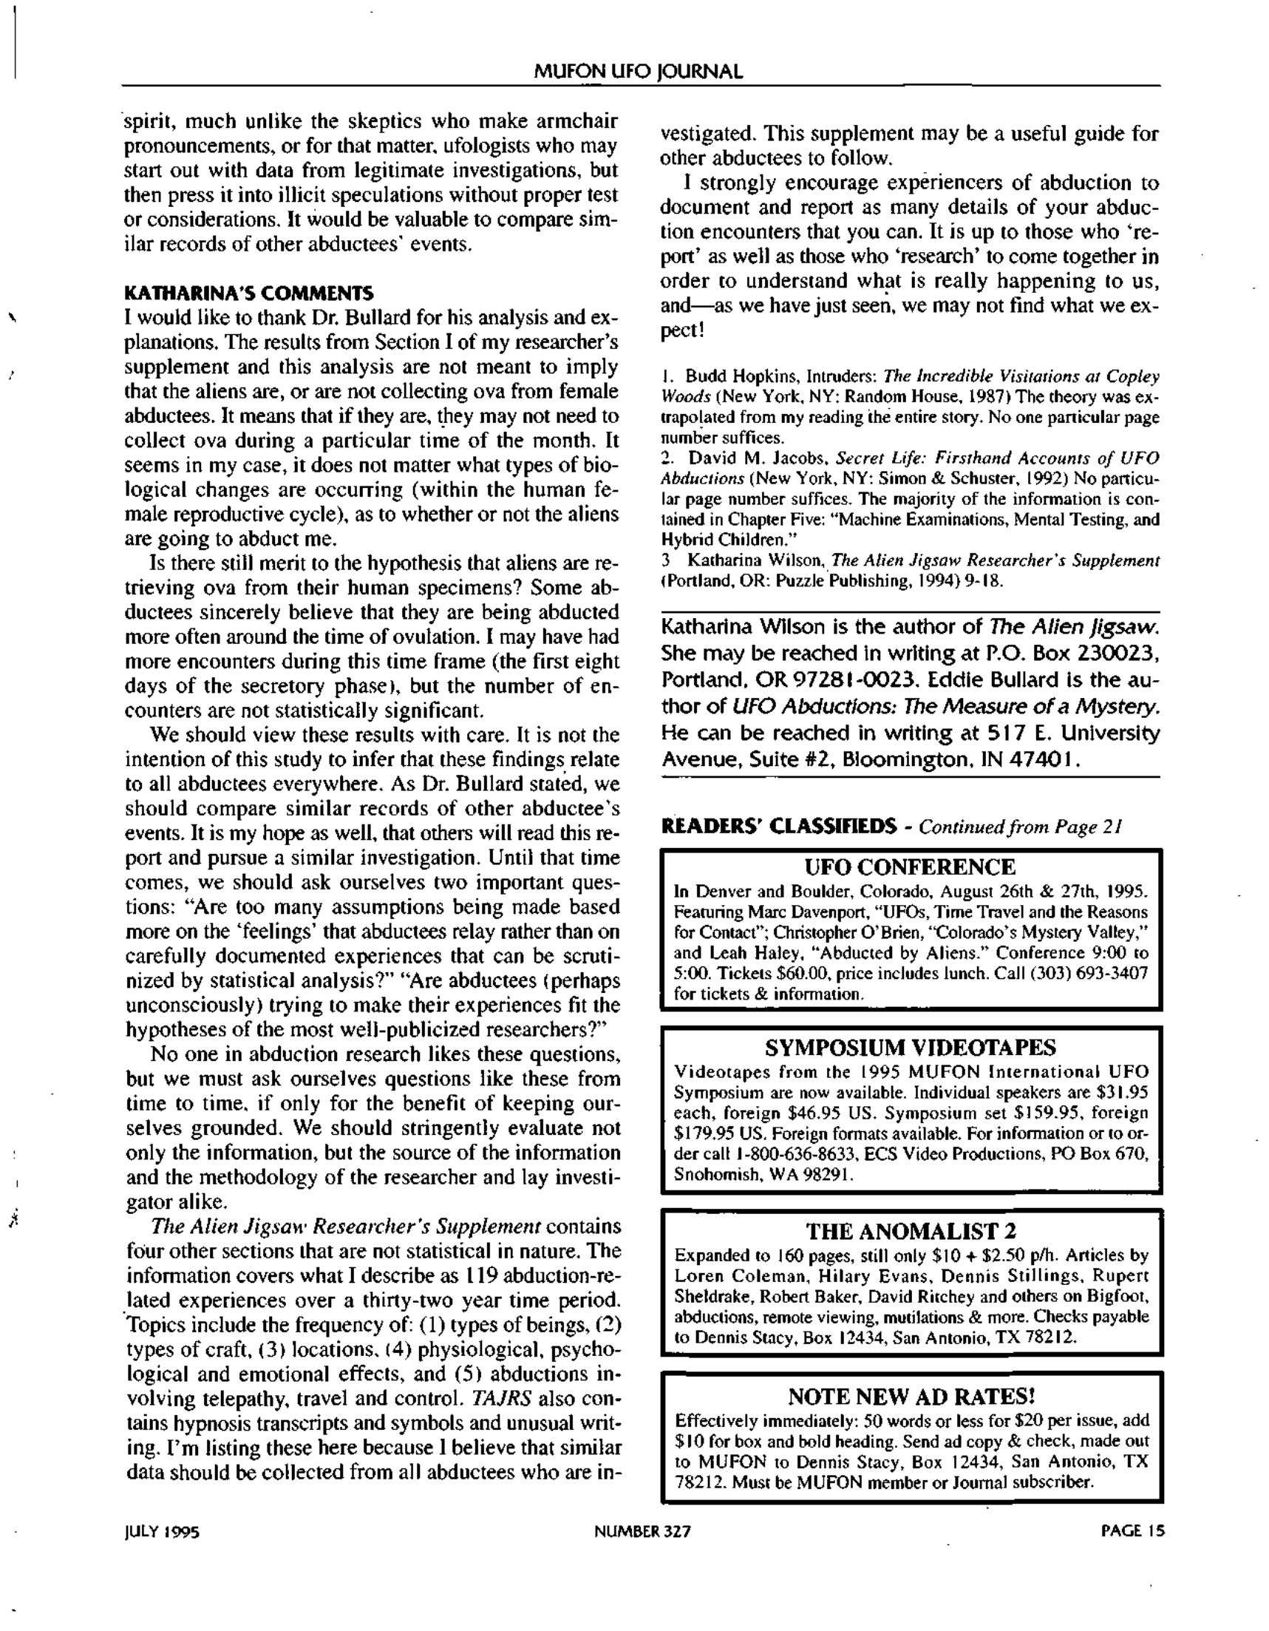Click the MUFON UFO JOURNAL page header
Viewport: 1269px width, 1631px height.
pyautogui.click(x=639, y=72)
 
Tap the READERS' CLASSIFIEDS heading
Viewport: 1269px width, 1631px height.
pyautogui.click(x=778, y=826)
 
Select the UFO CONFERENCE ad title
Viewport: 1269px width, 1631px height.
pyautogui.click(x=910, y=867)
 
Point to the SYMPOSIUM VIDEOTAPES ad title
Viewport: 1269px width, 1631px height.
pyautogui.click(x=910, y=1048)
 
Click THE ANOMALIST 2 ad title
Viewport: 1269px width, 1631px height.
pyautogui.click(x=910, y=1231)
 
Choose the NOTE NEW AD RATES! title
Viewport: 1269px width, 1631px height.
pyautogui.click(x=911, y=1396)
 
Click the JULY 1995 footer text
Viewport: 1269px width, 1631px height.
pyautogui.click(x=162, y=1533)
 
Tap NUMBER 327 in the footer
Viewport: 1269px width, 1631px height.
pyautogui.click(x=642, y=1532)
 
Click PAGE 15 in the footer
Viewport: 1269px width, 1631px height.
pyautogui.click(x=1132, y=1532)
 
